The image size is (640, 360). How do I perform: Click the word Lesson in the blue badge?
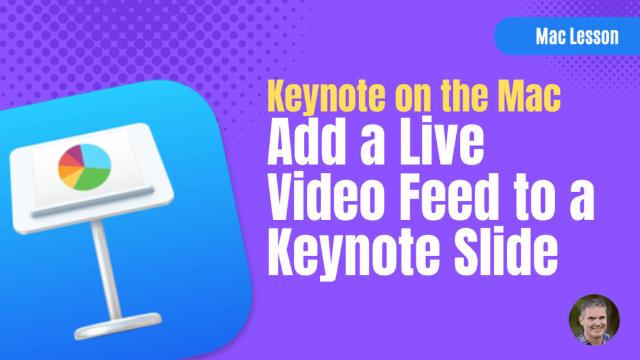point(595,36)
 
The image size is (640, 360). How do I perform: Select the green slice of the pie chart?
point(93,177)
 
